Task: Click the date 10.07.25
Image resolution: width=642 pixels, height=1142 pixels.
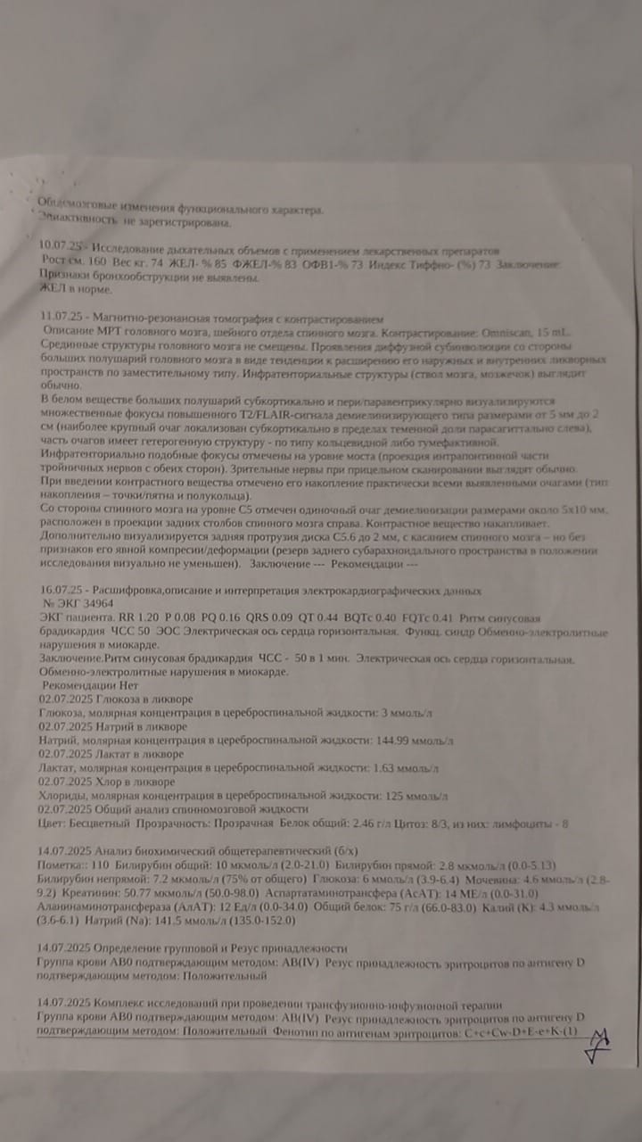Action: click(58, 243)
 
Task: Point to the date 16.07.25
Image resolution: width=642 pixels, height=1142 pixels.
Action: click(60, 591)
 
